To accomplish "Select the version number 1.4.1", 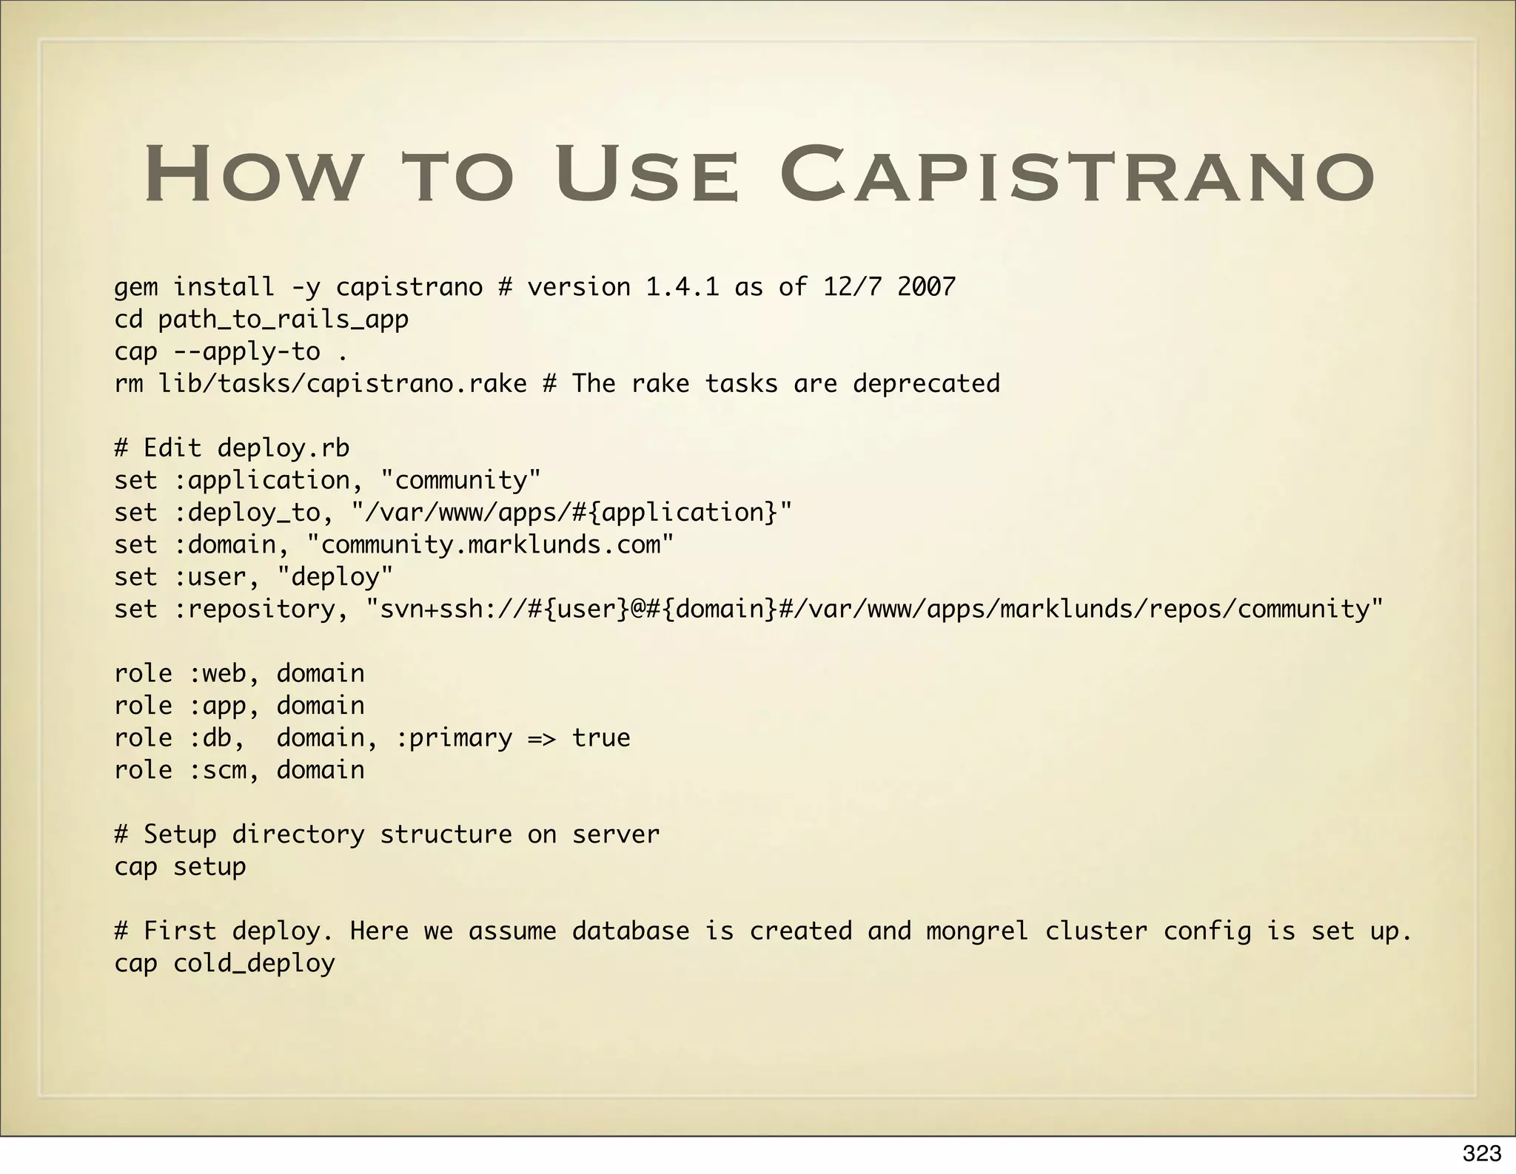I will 682,287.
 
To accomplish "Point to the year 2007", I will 926,287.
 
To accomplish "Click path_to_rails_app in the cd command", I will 283,320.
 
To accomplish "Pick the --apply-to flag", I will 246,351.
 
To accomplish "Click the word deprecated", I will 926,384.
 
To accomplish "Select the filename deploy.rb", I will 283,448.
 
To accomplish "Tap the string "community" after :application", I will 460,481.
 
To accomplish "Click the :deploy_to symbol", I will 254,513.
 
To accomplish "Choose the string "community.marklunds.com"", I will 490,545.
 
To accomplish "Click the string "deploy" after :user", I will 335,577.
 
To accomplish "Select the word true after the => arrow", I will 601,738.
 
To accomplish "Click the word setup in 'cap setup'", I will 209,867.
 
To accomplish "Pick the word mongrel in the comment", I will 977,931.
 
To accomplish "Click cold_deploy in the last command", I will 254,964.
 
